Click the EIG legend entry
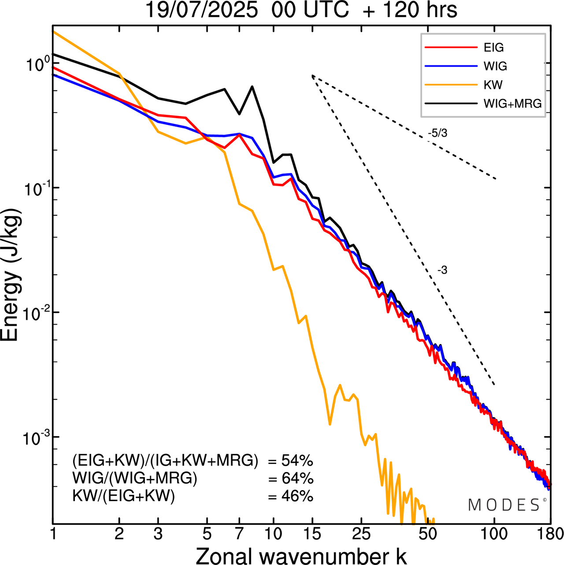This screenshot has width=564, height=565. pyautogui.click(x=493, y=48)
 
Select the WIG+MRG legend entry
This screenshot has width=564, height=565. pyautogui.click(x=512, y=104)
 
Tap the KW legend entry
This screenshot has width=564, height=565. pyautogui.click(x=493, y=85)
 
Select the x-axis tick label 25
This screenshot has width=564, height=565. pyautogui.click(x=361, y=534)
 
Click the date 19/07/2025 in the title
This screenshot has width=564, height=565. pyautogui.click(x=201, y=10)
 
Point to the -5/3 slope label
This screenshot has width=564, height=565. pyautogui.click(x=438, y=133)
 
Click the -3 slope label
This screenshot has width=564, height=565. pyautogui.click(x=442, y=270)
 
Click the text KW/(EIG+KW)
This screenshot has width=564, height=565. pyautogui.click(x=124, y=496)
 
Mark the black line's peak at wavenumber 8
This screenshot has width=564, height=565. pyautogui.click(x=252, y=86)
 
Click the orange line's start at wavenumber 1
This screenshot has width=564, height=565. pyautogui.click(x=53, y=32)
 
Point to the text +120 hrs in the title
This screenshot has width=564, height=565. pyautogui.click(x=410, y=10)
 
